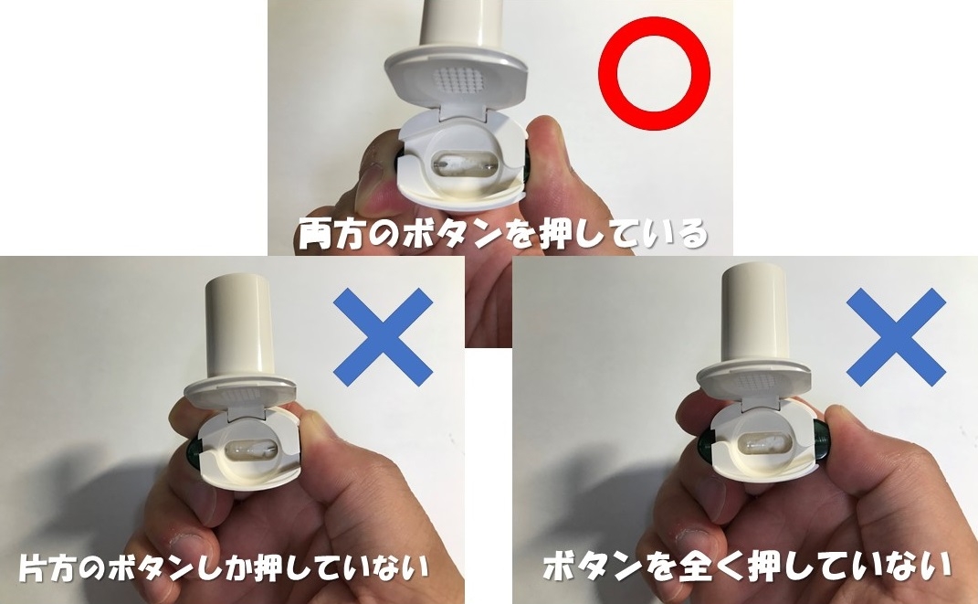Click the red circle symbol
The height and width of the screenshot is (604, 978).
click(653, 74)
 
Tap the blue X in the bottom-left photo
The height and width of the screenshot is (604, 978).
click(383, 336)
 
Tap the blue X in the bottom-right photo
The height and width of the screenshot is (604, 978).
click(896, 336)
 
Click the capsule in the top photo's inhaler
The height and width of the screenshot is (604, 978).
click(463, 167)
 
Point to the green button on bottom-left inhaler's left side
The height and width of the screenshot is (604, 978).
click(195, 450)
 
